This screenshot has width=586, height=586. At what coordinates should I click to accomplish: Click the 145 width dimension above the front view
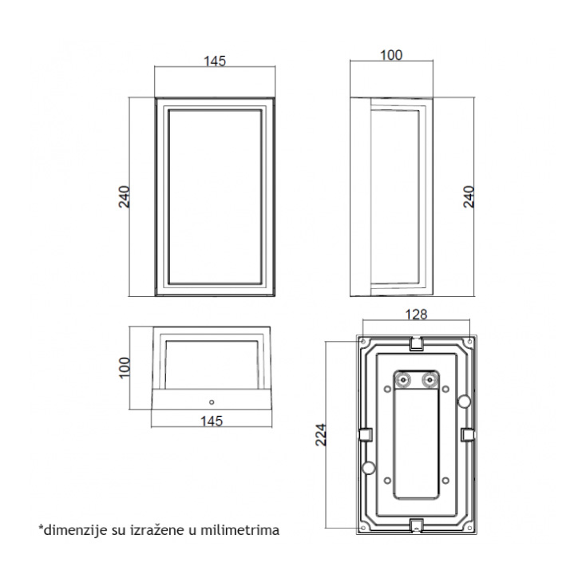[215, 61]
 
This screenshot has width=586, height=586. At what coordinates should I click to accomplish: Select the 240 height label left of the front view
[124, 197]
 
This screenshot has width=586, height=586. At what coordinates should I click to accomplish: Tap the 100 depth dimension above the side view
[391, 55]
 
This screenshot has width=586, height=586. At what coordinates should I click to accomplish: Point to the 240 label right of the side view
[469, 197]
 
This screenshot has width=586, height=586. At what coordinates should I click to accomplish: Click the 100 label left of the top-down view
[124, 368]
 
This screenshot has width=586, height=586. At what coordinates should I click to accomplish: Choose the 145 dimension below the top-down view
[212, 422]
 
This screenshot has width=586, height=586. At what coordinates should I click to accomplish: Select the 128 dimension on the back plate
[416, 315]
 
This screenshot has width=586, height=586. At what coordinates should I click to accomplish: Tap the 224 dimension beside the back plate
[321, 434]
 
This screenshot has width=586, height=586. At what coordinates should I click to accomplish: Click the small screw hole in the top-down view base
[212, 402]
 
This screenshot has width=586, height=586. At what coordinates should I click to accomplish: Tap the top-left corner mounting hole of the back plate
[362, 342]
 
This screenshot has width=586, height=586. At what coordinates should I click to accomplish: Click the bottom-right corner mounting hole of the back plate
[469, 528]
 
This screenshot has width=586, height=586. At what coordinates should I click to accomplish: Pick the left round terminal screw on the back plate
[403, 380]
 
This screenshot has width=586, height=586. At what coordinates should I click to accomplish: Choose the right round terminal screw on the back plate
[429, 380]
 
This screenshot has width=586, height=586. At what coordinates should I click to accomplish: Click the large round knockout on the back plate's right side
[464, 402]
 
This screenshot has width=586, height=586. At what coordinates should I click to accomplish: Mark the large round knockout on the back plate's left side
[370, 468]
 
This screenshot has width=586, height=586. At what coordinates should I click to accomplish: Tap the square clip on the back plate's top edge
[416, 343]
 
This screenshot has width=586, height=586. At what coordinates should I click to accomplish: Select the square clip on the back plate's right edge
[468, 434]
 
